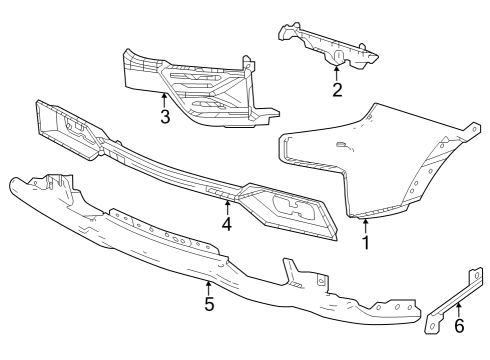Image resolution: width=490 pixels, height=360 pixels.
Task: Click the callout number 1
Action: pos(365,241)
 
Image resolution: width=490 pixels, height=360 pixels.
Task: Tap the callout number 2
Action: pos(337,90)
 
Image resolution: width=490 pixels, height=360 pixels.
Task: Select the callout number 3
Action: pos(164,116)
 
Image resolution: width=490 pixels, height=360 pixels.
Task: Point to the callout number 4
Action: pos(227,225)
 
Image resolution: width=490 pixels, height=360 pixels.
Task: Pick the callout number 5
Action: pos(209,304)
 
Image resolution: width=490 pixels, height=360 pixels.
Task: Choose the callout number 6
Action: pos(459,326)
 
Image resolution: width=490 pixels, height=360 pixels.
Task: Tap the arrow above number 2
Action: pos(337,72)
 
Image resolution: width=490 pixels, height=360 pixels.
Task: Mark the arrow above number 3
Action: pos(164,98)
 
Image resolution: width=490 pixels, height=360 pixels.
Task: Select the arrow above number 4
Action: pos(227,207)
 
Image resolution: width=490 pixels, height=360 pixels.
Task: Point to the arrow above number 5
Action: pos(209,287)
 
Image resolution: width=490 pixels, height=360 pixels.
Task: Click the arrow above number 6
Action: pos(459,309)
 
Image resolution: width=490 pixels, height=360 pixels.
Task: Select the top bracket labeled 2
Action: pos(325,45)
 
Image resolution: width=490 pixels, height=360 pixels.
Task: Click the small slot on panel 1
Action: pos(342,146)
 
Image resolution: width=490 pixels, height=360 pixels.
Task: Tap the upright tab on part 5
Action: pos(292,270)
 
